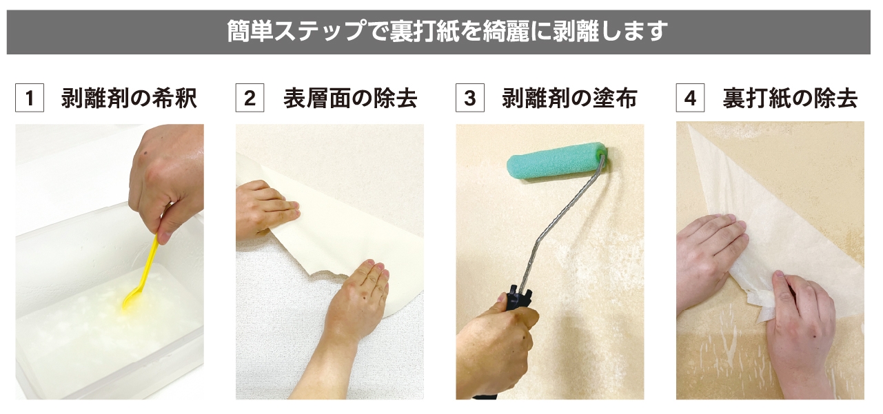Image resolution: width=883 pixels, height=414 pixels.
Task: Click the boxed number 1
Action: [30, 99]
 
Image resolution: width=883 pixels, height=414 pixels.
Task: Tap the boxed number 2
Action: [250, 99]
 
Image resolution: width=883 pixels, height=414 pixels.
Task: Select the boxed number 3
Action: [469, 99]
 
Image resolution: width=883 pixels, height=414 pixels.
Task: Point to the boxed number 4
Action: [690, 99]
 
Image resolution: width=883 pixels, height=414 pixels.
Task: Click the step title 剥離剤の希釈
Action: [129, 99]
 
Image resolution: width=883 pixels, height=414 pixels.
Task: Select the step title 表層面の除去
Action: [350, 99]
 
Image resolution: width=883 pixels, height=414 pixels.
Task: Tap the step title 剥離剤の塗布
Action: [569, 99]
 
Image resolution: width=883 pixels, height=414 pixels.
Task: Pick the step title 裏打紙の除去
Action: [790, 99]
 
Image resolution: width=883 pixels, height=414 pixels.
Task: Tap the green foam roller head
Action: [554, 161]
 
